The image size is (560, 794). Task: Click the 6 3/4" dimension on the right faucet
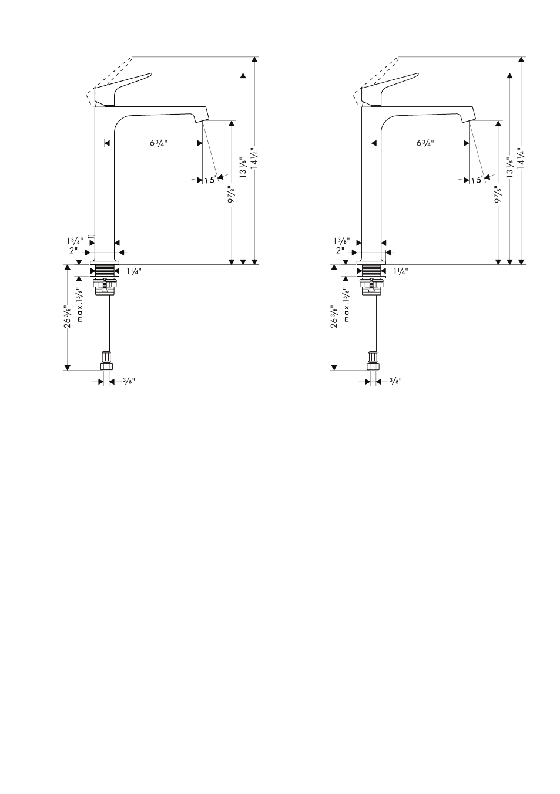pyautogui.click(x=425, y=143)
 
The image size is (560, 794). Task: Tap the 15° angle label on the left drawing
pyautogui.click(x=210, y=180)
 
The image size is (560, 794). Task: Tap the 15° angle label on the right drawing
pyautogui.click(x=477, y=180)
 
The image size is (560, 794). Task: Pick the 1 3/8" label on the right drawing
pyautogui.click(x=341, y=241)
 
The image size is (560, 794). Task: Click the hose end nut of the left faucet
pyautogui.click(x=106, y=366)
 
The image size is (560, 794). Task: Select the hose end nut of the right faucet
pyautogui.click(x=373, y=366)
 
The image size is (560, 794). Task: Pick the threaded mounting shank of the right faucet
pyautogui.click(x=371, y=270)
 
